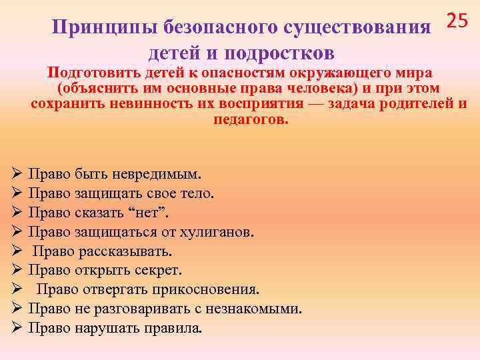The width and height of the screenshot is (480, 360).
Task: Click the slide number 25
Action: tap(457, 21)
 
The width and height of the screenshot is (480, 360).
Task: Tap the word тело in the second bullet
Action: tap(197, 193)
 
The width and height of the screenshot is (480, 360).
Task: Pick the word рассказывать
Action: tap(133, 251)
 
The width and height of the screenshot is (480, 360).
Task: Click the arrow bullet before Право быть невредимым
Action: tap(18, 175)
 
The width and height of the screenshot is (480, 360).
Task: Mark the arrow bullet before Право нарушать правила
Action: tap(18, 329)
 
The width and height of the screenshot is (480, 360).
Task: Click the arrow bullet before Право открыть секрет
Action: tap(18, 271)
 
